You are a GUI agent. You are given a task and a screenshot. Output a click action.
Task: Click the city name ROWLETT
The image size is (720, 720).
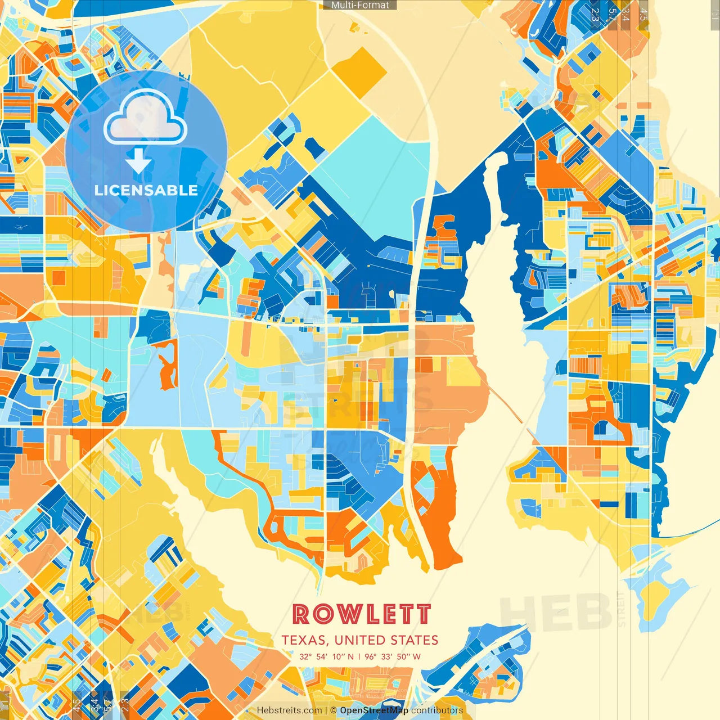[361, 614]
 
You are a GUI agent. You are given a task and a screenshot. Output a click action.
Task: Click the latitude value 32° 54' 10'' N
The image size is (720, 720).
[327, 656]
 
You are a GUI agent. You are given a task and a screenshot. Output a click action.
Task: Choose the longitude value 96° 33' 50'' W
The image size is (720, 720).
[393, 656]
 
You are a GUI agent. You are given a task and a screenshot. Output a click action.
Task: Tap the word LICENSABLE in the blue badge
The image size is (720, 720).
[146, 190]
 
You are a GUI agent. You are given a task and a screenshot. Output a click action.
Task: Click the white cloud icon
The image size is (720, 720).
[145, 117]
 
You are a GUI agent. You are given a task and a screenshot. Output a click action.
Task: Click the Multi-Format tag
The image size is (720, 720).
[360, 5]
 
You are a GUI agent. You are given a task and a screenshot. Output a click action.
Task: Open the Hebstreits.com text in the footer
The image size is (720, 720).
[289, 710]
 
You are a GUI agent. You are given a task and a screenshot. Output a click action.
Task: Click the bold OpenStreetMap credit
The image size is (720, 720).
[374, 710]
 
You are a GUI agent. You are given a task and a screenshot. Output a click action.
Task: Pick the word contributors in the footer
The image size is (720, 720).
[437, 710]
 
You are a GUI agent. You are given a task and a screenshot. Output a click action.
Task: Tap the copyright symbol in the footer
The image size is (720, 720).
[334, 710]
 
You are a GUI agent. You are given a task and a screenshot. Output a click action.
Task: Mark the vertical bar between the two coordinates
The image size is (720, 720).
[359, 656]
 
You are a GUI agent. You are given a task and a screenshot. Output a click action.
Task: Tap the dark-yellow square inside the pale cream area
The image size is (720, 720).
[359, 70]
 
